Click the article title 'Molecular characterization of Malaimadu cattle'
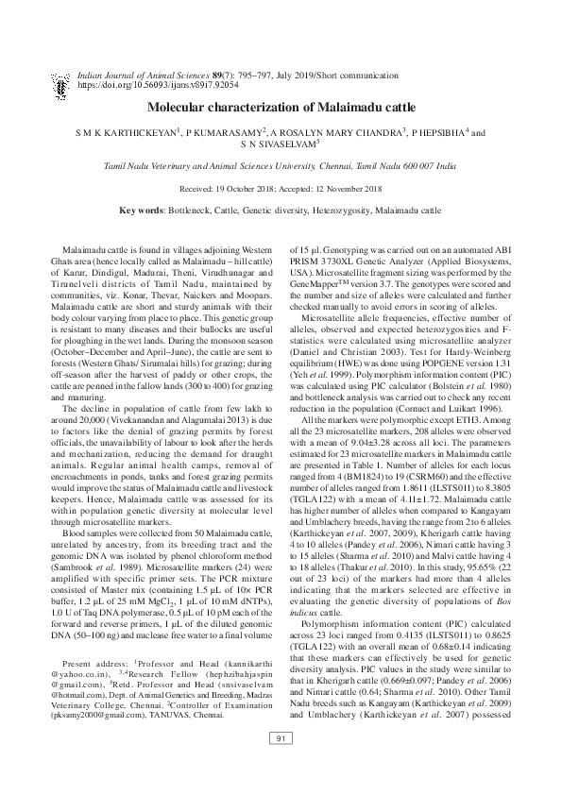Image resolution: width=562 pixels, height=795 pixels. [281, 109]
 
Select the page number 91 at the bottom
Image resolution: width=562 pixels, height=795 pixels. [281, 764]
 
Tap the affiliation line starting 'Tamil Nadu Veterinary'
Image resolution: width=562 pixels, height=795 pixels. [281, 165]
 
